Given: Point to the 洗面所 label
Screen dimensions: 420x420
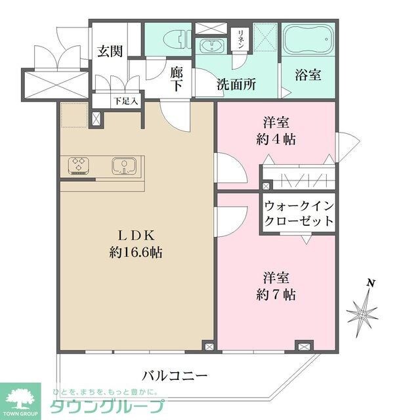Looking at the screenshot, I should pos(236,84).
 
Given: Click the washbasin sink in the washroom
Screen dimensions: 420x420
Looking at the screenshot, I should pos(212,47).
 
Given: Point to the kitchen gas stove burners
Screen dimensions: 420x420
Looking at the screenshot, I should pos(79,165).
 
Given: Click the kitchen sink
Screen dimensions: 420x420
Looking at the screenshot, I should pos(123,166).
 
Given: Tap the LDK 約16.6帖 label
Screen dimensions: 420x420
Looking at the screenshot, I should pos(136,243).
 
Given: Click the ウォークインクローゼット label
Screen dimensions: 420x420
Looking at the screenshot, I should pos(299,213).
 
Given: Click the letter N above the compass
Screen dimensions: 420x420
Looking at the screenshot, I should pos(371,283).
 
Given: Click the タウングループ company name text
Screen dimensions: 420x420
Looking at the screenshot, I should pos(108,405).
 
